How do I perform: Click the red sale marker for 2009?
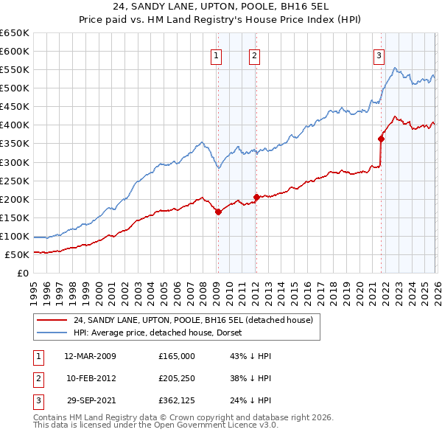pyautogui.click(x=218, y=212)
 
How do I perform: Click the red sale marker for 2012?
pyautogui.click(x=256, y=197)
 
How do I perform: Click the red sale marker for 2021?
pyautogui.click(x=381, y=139)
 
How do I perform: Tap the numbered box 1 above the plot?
pyautogui.click(x=217, y=55)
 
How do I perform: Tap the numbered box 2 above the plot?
pyautogui.click(x=254, y=55)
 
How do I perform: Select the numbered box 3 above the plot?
pyautogui.click(x=379, y=55)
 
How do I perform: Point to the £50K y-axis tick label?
pyautogui.click(x=17, y=255)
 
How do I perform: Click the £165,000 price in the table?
pyautogui.click(x=176, y=356)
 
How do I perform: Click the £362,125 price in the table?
pyautogui.click(x=176, y=400)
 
